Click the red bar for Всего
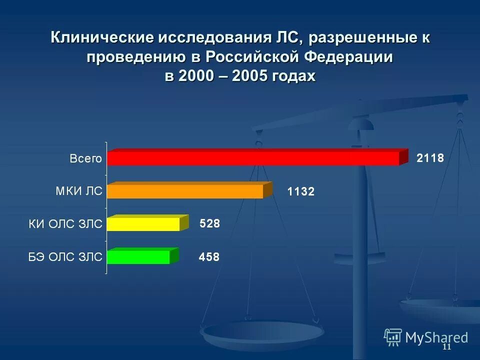click(253, 158)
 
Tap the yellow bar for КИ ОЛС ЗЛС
click(143, 224)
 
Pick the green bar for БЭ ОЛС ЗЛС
click(138, 257)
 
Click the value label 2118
click(430, 158)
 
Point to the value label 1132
click(300, 191)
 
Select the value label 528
click(209, 224)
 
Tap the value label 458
click(209, 257)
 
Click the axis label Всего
click(85, 159)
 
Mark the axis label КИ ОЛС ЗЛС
click(65, 224)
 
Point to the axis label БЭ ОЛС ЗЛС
click(65, 257)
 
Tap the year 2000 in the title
click(195, 76)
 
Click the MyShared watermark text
click(436, 337)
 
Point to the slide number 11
click(446, 347)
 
